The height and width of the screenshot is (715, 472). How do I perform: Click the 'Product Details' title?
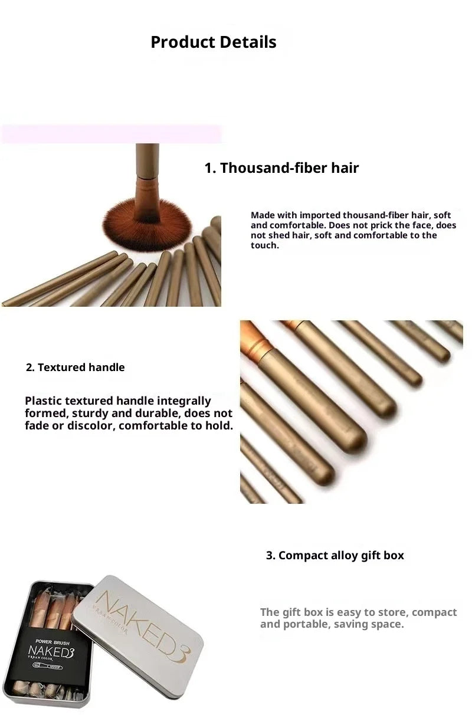pos(213,42)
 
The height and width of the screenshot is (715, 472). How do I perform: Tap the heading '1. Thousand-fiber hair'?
pos(281,168)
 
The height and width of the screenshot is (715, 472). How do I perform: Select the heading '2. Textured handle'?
pos(76,368)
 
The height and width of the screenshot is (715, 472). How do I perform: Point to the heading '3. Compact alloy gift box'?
pos(335,556)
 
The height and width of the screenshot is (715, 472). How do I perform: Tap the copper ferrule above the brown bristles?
pos(147,195)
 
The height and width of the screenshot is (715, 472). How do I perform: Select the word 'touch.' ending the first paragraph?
pos(264,245)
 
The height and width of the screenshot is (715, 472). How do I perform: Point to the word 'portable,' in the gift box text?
pos(308,624)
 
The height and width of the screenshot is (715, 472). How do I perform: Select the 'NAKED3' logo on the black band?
pos(52,652)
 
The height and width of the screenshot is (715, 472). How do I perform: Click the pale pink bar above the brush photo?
pos(112,134)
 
